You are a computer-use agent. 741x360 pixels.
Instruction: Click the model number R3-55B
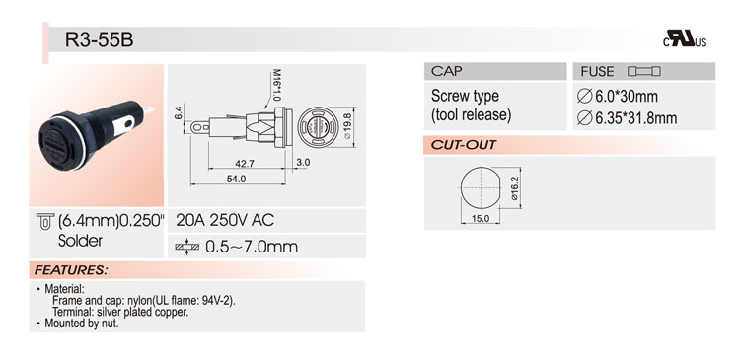(100, 40)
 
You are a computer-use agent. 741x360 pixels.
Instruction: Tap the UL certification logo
(685, 39)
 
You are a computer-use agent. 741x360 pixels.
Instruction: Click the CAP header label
(447, 71)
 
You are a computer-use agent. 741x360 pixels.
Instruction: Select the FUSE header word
(597, 72)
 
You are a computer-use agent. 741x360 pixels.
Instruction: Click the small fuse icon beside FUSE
(644, 71)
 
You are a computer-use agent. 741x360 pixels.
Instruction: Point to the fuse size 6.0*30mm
(618, 97)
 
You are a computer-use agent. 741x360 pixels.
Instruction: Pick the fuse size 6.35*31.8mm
(628, 118)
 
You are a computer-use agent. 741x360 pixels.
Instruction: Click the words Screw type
(465, 97)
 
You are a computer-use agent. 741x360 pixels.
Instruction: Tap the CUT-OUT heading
(464, 145)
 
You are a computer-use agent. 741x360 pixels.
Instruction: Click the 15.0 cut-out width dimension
(480, 219)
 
